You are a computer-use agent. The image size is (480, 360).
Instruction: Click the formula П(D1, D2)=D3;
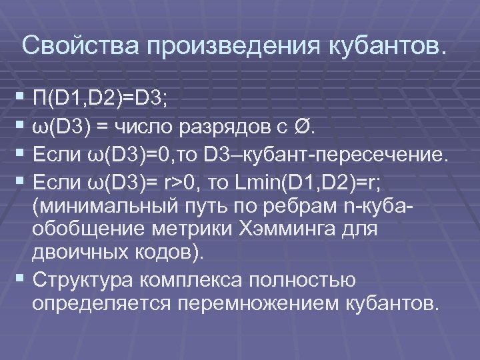click(103, 101)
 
